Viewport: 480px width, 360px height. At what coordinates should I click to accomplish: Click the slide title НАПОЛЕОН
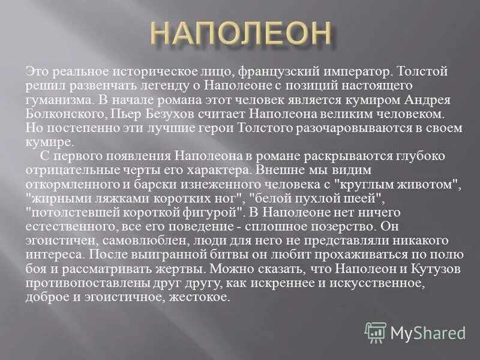240,34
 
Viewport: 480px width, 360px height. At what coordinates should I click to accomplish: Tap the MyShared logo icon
376,332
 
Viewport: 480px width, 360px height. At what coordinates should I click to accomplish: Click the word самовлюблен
125,241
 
